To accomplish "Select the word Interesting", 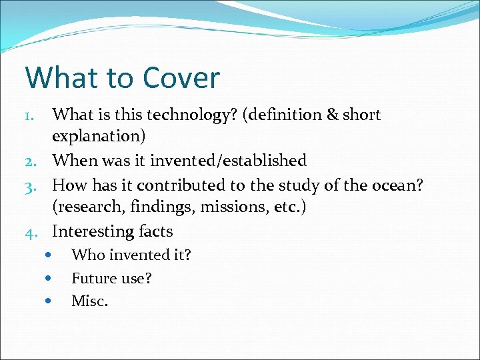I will coord(92,231).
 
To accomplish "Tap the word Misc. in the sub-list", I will coord(89,301).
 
